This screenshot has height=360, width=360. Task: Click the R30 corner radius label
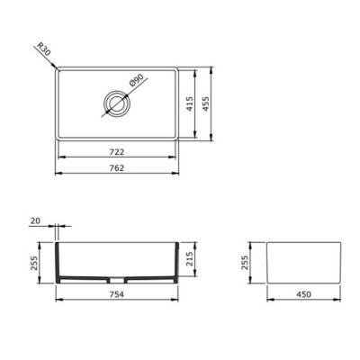coord(46,49)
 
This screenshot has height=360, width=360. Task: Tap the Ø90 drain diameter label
coord(135,82)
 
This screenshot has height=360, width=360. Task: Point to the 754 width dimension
coord(118,292)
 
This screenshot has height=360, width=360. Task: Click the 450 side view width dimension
coord(304,292)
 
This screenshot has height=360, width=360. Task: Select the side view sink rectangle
coord(304,261)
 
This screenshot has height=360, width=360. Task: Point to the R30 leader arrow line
coord(52,62)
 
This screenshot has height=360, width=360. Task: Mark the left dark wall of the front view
coord(59,261)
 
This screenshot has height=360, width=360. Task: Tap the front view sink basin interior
coord(118,256)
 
